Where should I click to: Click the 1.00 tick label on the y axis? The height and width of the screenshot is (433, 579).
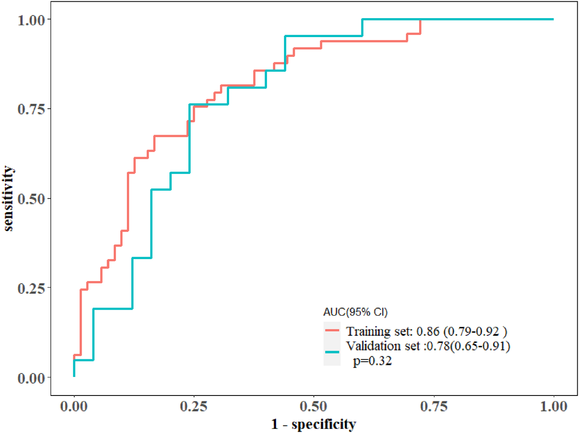pyautogui.click(x=31, y=20)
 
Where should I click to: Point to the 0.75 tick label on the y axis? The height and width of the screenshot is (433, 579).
pyautogui.click(x=31, y=109)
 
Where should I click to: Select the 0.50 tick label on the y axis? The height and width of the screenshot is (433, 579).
pyautogui.click(x=31, y=199)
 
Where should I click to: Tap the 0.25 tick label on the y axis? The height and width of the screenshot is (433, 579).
pyautogui.click(x=31, y=288)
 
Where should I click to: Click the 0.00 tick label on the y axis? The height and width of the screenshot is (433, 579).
pyautogui.click(x=31, y=378)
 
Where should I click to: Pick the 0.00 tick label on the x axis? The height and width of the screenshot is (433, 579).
pyautogui.click(x=74, y=406)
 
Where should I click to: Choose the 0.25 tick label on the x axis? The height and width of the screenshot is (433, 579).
pyautogui.click(x=194, y=406)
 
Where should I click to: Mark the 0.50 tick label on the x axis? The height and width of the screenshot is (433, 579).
pyautogui.click(x=314, y=406)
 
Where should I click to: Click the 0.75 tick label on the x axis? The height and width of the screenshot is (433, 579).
pyautogui.click(x=434, y=406)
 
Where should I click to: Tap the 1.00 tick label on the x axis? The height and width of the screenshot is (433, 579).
pyautogui.click(x=553, y=406)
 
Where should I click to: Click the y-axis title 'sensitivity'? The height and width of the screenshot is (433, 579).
pyautogui.click(x=8, y=199)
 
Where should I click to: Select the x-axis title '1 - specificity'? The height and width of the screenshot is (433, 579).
pyautogui.click(x=314, y=424)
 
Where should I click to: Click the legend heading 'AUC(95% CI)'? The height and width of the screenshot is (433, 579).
pyautogui.click(x=355, y=312)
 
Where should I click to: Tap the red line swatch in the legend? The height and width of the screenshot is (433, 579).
pyautogui.click(x=332, y=330)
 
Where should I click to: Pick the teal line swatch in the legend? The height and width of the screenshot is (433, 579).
pyautogui.click(x=332, y=352)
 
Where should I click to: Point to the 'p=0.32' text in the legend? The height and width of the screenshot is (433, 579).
pyautogui.click(x=372, y=361)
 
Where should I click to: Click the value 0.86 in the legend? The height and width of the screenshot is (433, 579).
pyautogui.click(x=428, y=331)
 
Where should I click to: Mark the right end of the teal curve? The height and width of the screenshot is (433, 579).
pyautogui.click(x=553, y=19)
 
